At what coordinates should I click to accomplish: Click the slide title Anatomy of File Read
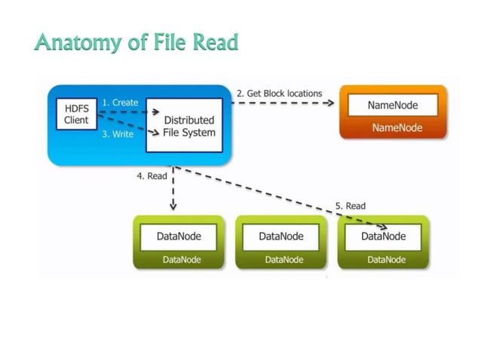pyautogui.click(x=136, y=42)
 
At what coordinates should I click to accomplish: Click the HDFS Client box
pyautogui.click(x=76, y=114)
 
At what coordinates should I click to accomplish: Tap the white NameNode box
pyautogui.click(x=393, y=105)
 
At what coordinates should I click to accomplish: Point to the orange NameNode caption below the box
pyautogui.click(x=393, y=128)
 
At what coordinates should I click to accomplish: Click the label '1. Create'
pyautogui.click(x=121, y=102)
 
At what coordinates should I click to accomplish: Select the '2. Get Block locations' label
pyautogui.click(x=279, y=93)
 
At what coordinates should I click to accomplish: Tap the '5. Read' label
pyautogui.click(x=351, y=206)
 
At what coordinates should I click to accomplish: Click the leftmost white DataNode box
pyautogui.click(x=179, y=236)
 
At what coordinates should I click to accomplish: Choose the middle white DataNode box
pyautogui.click(x=281, y=236)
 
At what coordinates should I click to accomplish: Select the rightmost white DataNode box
pyautogui.click(x=384, y=236)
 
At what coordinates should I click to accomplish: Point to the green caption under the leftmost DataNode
pyautogui.click(x=179, y=260)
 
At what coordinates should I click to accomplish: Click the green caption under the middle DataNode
pyautogui.click(x=281, y=260)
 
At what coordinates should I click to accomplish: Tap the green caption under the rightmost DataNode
pyautogui.click(x=384, y=260)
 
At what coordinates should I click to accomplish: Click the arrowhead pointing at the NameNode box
pyautogui.click(x=331, y=105)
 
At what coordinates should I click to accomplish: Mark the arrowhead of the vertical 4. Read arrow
pyautogui.click(x=173, y=206)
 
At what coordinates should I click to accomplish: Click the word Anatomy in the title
pyautogui.click(x=74, y=42)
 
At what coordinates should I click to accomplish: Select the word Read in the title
pyautogui.click(x=216, y=42)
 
